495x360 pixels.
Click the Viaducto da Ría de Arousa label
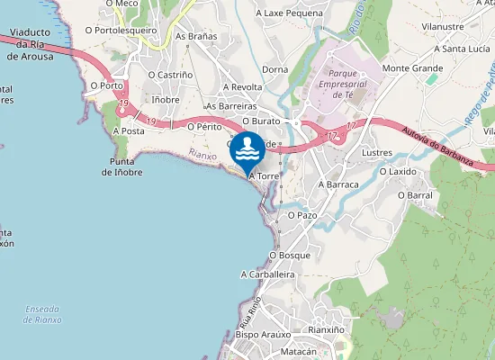[31, 50]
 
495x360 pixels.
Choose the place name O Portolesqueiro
[121, 30]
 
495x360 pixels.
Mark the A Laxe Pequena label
[289, 13]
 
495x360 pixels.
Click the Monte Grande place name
[412, 68]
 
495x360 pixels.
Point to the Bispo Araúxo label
[260, 334]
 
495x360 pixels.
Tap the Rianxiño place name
[327, 329]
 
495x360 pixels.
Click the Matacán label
[298, 352]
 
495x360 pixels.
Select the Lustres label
[377, 154]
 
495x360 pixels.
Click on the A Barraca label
[338, 184]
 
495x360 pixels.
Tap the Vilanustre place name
[442, 27]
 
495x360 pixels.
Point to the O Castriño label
[169, 75]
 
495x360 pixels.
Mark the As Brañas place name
[196, 37]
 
